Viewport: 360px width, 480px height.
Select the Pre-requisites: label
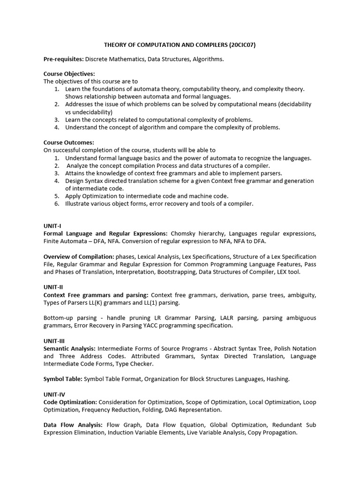[64, 59]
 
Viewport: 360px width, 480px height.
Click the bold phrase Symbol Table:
[63, 379]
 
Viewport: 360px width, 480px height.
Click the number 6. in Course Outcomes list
[57, 203]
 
